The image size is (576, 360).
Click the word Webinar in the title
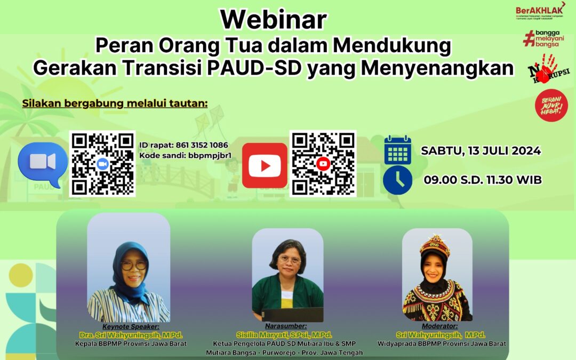pos(273,20)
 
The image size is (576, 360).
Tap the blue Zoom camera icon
pos(43,163)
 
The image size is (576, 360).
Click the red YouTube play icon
pos(265,165)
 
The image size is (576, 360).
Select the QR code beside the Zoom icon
pos(102,164)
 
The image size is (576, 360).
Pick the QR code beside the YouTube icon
pos(323,164)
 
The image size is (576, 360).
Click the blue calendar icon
pos(398,150)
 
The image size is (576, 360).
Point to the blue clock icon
pos(398,180)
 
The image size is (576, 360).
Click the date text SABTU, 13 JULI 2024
pos(481,150)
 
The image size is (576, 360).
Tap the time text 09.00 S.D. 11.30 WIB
pos(483,180)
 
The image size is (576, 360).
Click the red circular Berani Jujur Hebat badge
pos(551,105)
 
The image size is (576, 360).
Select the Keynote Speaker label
pos(131,326)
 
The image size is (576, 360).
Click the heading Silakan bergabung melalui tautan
pos(115,103)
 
